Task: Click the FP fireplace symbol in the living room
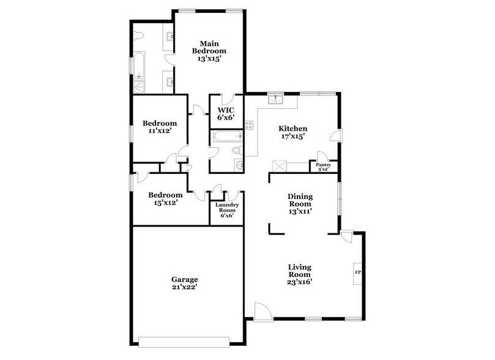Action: point(357,271)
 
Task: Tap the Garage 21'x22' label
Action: point(184,282)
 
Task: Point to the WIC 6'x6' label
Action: point(226,114)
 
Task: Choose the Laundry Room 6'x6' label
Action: point(226,209)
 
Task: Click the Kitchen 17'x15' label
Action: point(292,132)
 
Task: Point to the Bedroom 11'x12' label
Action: point(159,126)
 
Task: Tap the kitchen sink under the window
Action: point(275,99)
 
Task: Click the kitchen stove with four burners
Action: point(250,125)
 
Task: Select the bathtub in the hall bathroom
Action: point(227,138)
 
